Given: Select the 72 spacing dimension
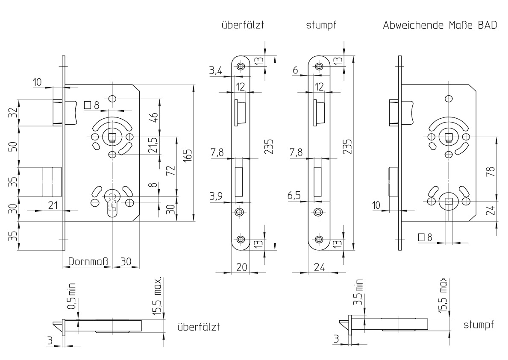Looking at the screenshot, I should [171, 171].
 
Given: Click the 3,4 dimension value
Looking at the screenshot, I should [215, 71].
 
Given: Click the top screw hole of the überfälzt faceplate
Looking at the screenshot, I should [241, 67].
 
